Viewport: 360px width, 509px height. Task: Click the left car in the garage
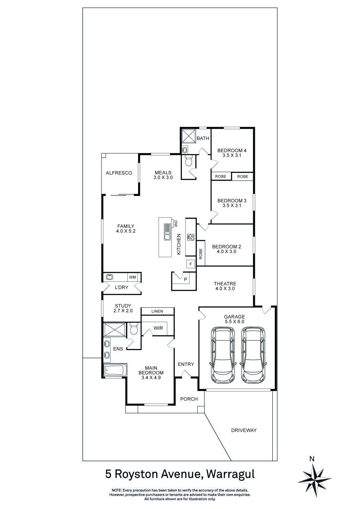click(x=224, y=355)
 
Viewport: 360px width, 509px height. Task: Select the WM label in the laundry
click(x=133, y=277)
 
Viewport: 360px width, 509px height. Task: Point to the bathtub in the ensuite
click(x=114, y=370)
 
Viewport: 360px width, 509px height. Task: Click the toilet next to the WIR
click(x=134, y=329)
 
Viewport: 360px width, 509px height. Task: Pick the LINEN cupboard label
click(x=157, y=311)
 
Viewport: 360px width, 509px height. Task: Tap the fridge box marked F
click(x=191, y=264)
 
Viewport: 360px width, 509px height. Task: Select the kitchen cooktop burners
click(x=191, y=237)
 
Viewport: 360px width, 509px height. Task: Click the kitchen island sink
click(x=167, y=237)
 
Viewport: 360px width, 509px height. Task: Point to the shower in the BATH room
click(x=188, y=136)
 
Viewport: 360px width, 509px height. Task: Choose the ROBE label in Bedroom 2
click(x=201, y=254)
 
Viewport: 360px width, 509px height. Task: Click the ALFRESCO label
click(x=119, y=173)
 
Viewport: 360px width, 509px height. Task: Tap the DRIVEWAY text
click(x=244, y=430)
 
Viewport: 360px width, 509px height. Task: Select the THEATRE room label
click(x=225, y=283)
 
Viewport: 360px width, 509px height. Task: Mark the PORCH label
click(x=189, y=399)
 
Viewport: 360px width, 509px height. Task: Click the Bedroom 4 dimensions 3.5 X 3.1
click(x=232, y=155)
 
